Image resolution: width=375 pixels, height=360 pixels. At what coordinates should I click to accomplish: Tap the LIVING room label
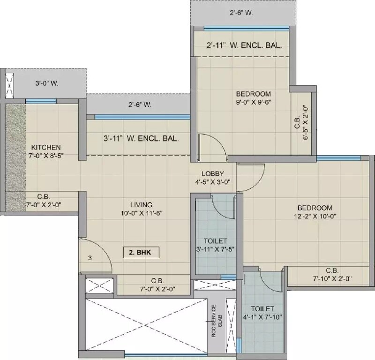point(141,205)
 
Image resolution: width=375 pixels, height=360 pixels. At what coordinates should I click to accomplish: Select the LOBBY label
point(212,173)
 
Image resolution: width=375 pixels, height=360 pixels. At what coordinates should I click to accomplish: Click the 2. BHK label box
point(141,252)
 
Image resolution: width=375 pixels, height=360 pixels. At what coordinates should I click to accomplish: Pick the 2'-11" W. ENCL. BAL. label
point(244,46)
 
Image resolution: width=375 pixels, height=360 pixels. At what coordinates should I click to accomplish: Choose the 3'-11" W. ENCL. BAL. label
point(142,139)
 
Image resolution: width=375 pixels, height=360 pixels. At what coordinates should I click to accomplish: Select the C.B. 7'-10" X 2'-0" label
point(332,275)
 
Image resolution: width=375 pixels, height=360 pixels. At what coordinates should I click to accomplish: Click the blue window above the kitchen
point(41,101)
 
